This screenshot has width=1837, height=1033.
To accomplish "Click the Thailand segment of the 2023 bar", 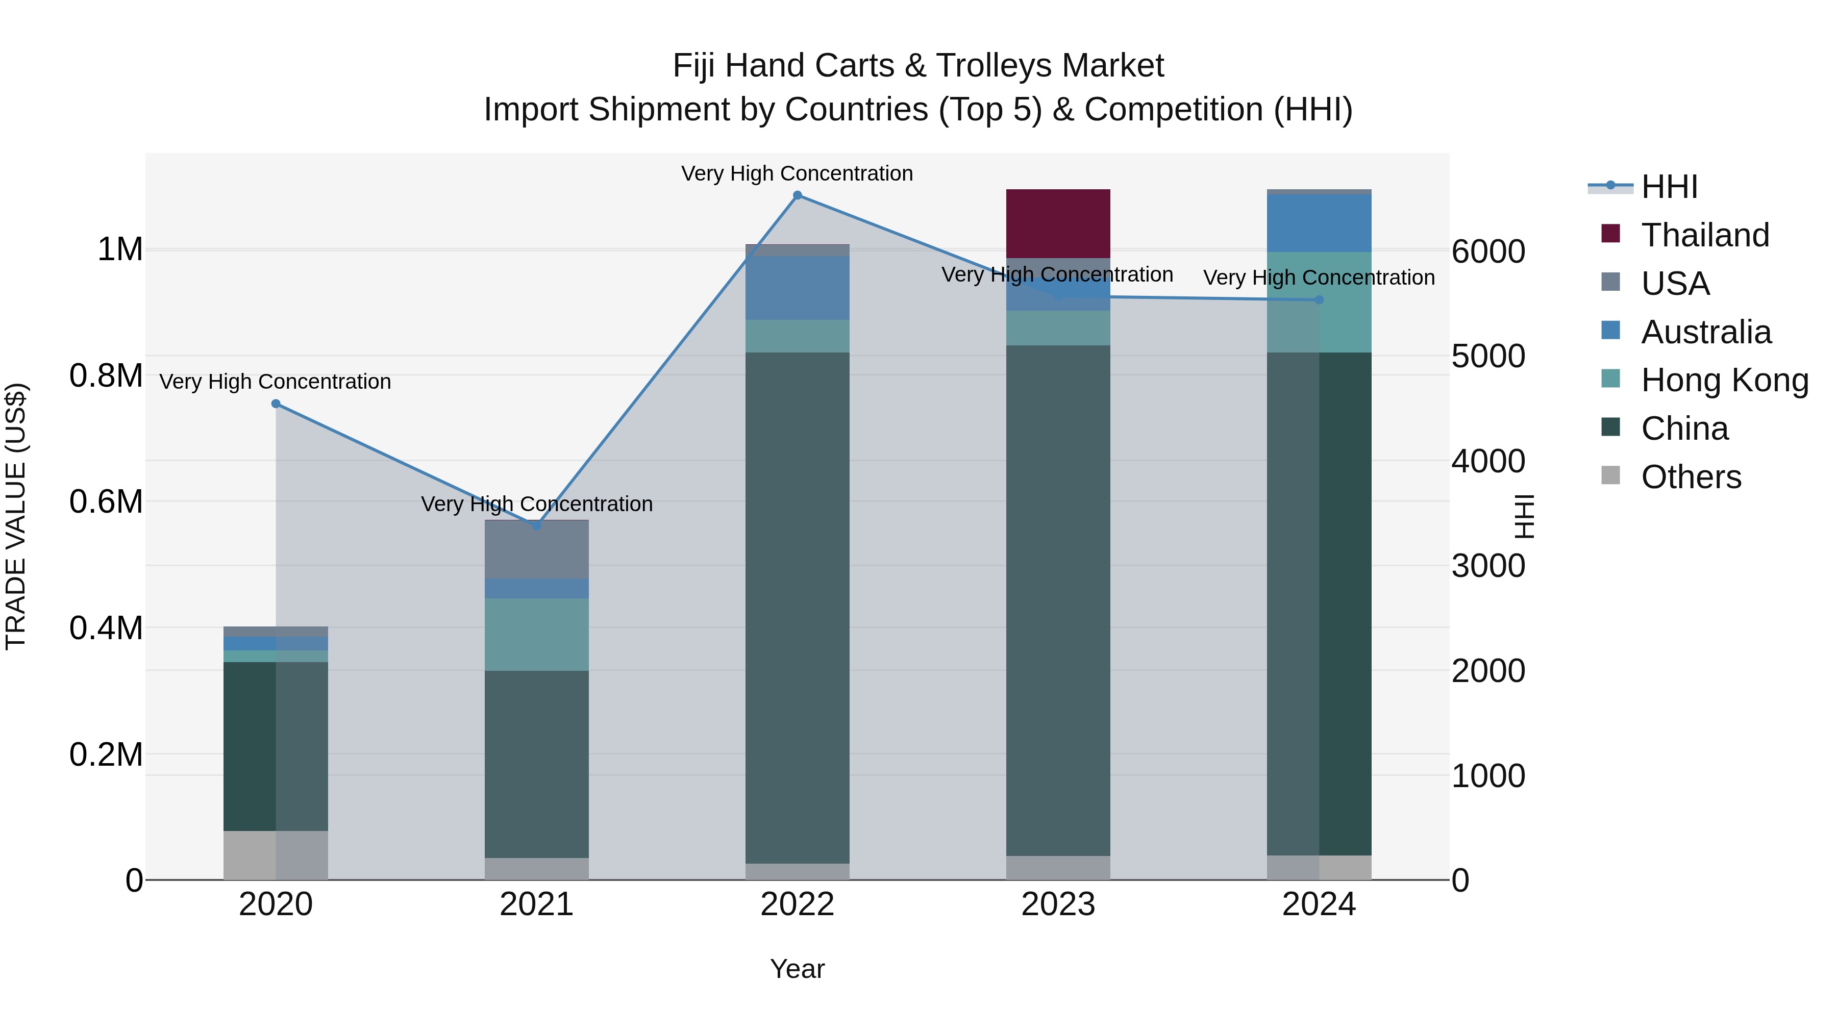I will point(1058,223).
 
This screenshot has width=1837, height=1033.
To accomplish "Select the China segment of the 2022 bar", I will point(797,607).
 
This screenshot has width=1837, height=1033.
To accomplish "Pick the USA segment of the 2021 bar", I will point(536,549).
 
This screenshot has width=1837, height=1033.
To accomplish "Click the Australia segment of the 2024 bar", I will point(1319,222).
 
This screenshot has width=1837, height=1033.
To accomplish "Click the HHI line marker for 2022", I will point(797,195).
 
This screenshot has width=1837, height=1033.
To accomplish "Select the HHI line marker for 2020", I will point(276,404).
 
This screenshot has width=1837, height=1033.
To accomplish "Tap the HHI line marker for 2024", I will point(1319,300).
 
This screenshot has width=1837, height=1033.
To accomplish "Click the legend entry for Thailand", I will point(1704,235).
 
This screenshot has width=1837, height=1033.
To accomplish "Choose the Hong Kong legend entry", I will point(1724,380).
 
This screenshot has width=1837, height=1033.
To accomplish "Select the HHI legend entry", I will point(1669,187).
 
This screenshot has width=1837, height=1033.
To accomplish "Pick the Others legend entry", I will point(1690,477).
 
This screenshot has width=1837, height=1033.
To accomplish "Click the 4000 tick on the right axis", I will point(1487,461).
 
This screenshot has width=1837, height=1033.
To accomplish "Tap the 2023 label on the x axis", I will point(1058,904).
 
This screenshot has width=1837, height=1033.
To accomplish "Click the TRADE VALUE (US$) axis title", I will point(16,516).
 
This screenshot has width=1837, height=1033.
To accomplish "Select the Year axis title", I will point(797,969).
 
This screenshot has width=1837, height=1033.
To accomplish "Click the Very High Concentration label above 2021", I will point(536,504).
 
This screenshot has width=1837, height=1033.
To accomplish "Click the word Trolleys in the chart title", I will point(987,66).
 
